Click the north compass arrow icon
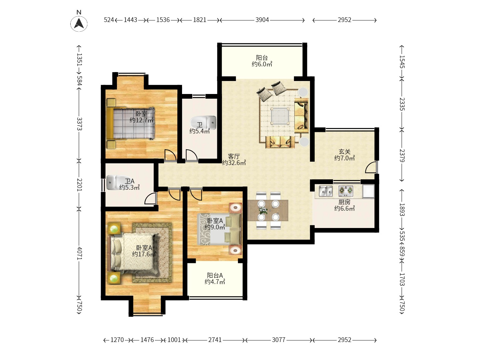79,23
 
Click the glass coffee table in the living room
280,116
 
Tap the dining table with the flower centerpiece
268,210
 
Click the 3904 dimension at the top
262,20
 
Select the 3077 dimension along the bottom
278,340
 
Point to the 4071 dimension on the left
79,253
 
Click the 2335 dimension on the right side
402,104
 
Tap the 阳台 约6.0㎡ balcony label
262,61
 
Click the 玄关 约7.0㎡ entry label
344,155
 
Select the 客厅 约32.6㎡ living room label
234,160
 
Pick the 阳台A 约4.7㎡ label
215,278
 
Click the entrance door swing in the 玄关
371,167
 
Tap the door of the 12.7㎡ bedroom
170,155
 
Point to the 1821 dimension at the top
199,20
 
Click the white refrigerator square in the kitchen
368,191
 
